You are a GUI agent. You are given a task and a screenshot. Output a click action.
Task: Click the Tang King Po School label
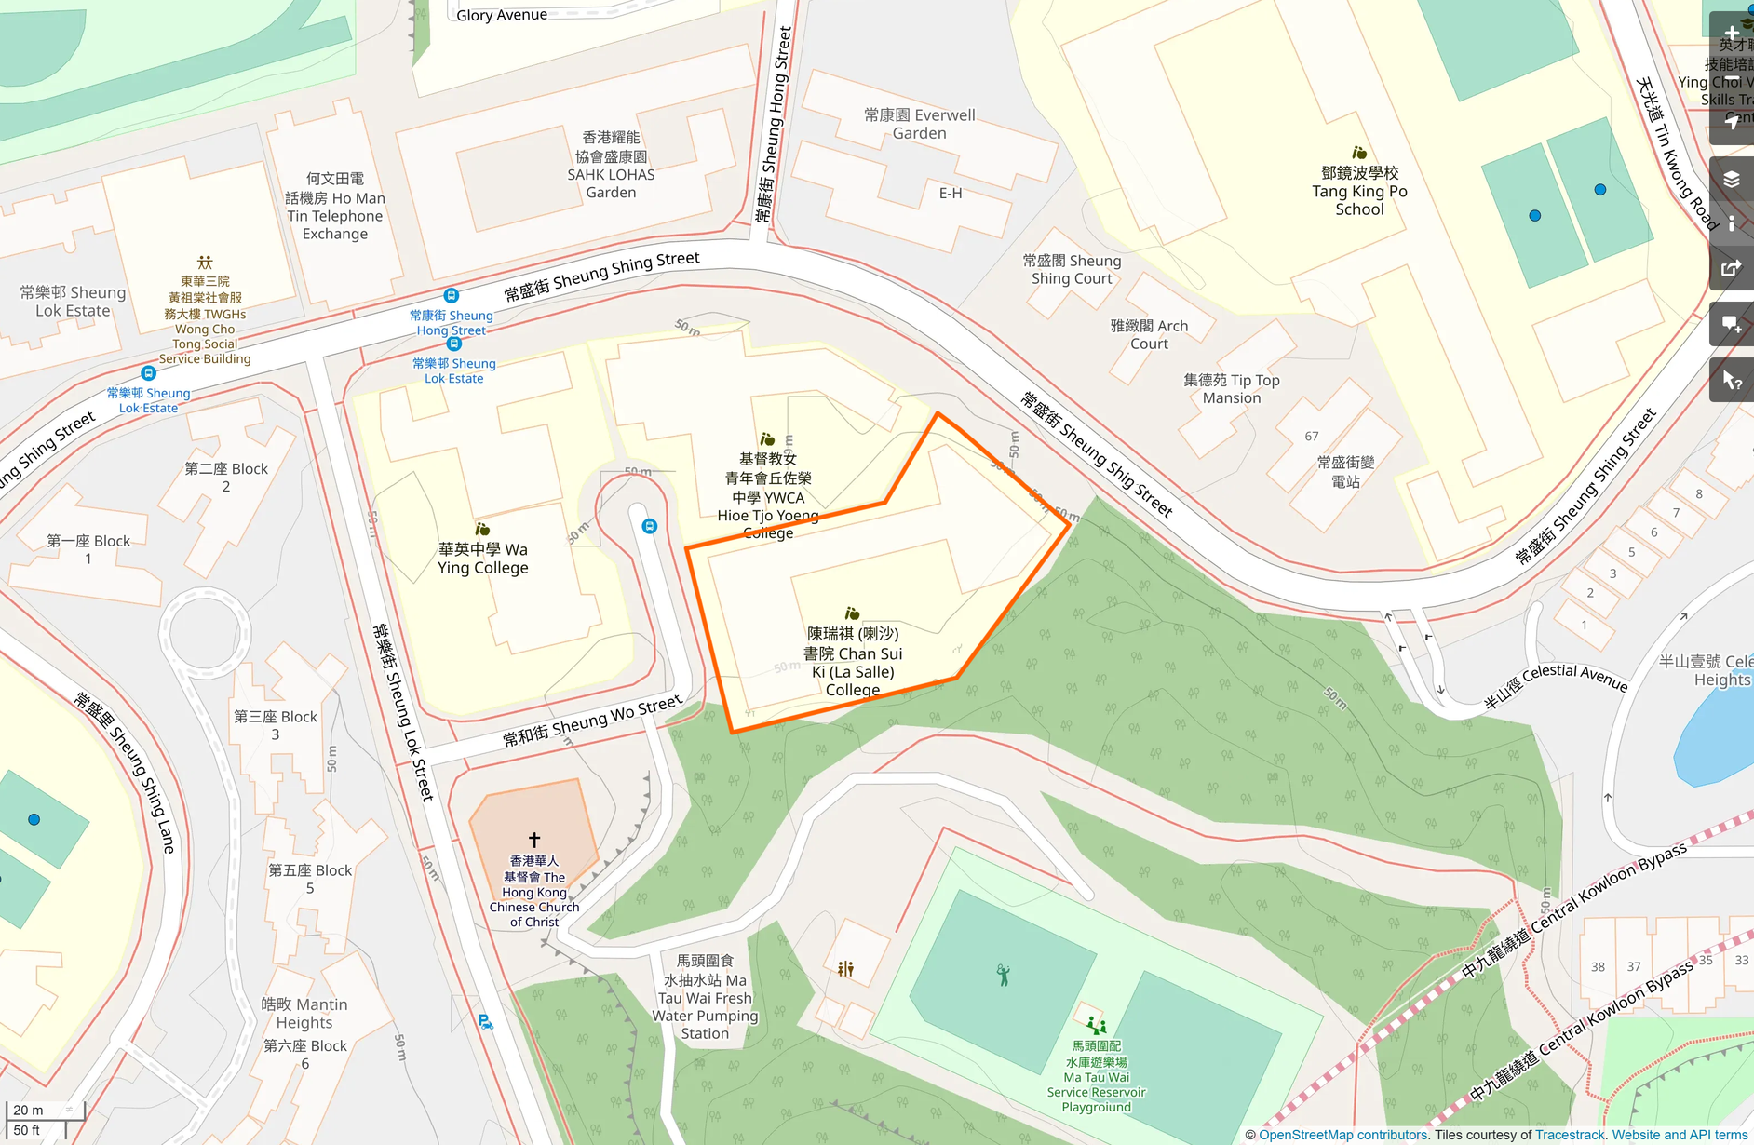(1359, 192)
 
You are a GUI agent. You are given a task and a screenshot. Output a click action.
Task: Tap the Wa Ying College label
(483, 559)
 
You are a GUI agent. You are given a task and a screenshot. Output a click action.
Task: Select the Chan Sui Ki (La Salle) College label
(853, 662)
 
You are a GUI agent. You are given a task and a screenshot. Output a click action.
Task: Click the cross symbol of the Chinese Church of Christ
(534, 840)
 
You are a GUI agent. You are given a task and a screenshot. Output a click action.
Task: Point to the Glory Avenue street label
(502, 15)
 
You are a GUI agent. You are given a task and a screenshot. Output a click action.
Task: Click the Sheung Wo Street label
(593, 721)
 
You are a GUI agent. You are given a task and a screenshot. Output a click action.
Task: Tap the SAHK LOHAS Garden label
(611, 166)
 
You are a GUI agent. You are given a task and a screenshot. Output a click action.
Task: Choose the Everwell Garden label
(919, 124)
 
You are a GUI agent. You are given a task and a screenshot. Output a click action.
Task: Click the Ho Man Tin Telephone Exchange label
(335, 207)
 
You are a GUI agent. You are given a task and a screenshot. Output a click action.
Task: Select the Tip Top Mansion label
(1231, 389)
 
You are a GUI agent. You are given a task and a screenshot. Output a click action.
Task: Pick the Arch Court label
(1149, 335)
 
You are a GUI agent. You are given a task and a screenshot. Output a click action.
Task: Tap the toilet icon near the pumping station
(845, 969)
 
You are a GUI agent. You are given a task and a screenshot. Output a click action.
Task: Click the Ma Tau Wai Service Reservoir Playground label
(1096, 1077)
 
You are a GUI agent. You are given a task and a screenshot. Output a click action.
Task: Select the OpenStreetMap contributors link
(1342, 1135)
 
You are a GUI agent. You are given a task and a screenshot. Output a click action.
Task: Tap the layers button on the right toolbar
(1731, 180)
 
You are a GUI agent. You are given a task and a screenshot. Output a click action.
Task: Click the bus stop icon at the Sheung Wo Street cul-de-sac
(650, 527)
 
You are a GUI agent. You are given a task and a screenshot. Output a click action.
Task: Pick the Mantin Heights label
(304, 1014)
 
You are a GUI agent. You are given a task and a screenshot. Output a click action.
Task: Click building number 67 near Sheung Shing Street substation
(1311, 437)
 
